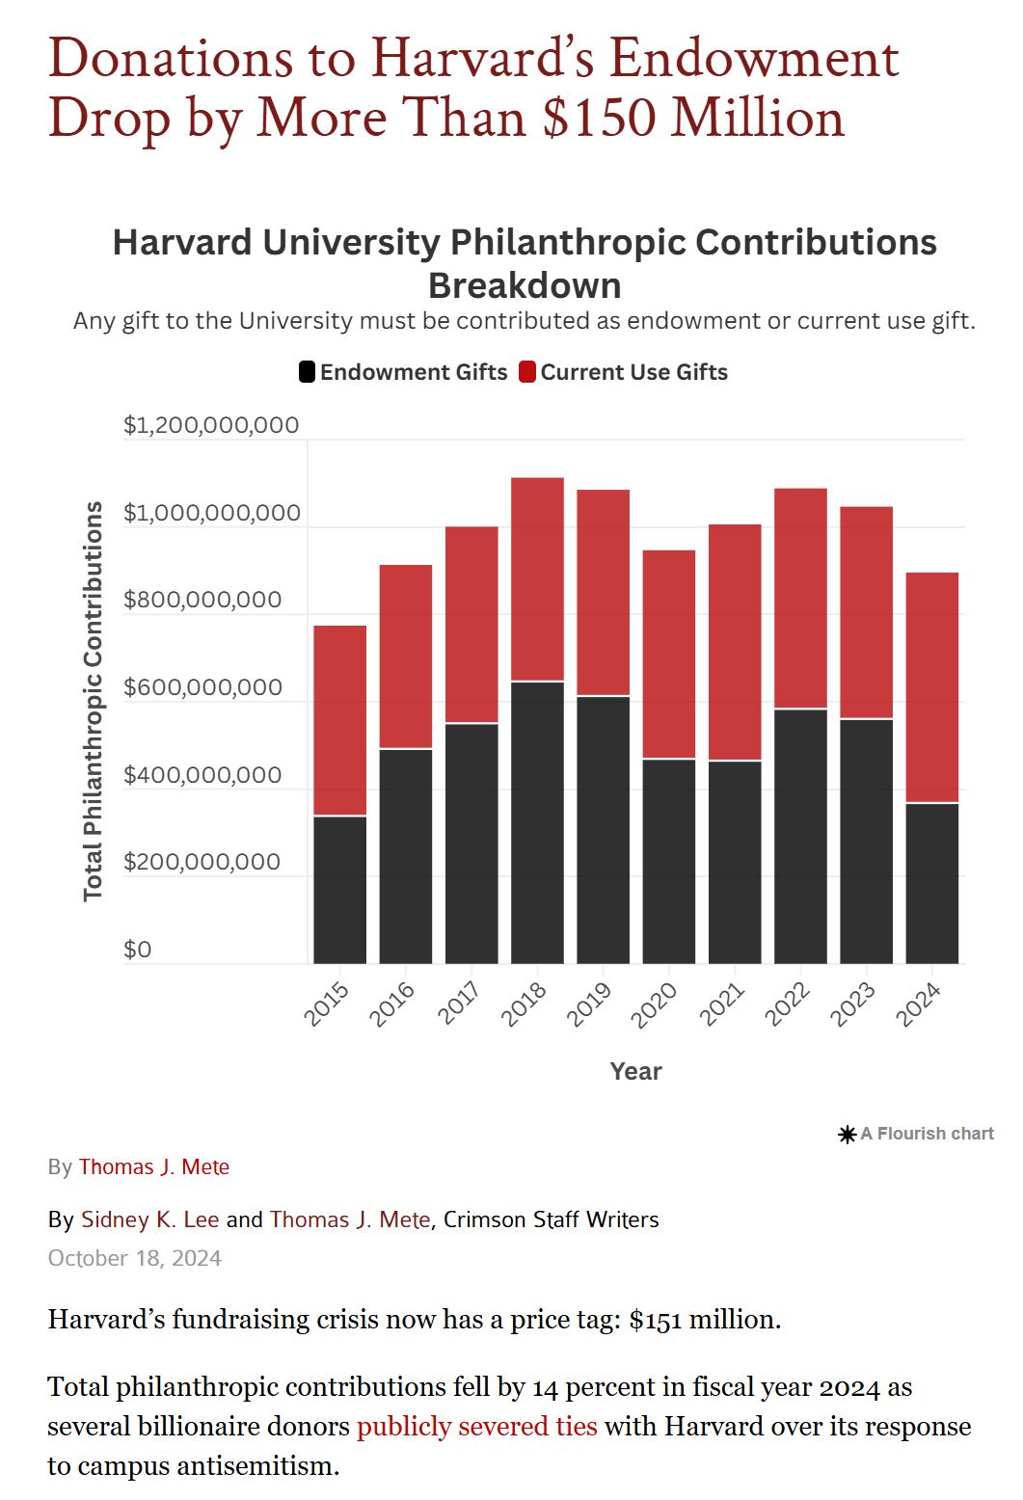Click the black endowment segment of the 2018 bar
tap(537, 822)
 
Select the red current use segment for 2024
tap(931, 687)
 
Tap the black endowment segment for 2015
tap(339, 890)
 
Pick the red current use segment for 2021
tap(735, 642)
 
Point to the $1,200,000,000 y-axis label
tap(211, 425)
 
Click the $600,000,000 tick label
tap(202, 687)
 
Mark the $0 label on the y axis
tap(138, 950)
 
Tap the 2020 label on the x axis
tap(656, 1004)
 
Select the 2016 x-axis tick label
tap(392, 1004)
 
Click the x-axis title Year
tap(635, 1071)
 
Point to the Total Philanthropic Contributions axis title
tap(93, 701)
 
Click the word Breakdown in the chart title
tap(525, 286)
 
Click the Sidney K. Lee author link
tap(149, 1219)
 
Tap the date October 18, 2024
tap(134, 1258)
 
